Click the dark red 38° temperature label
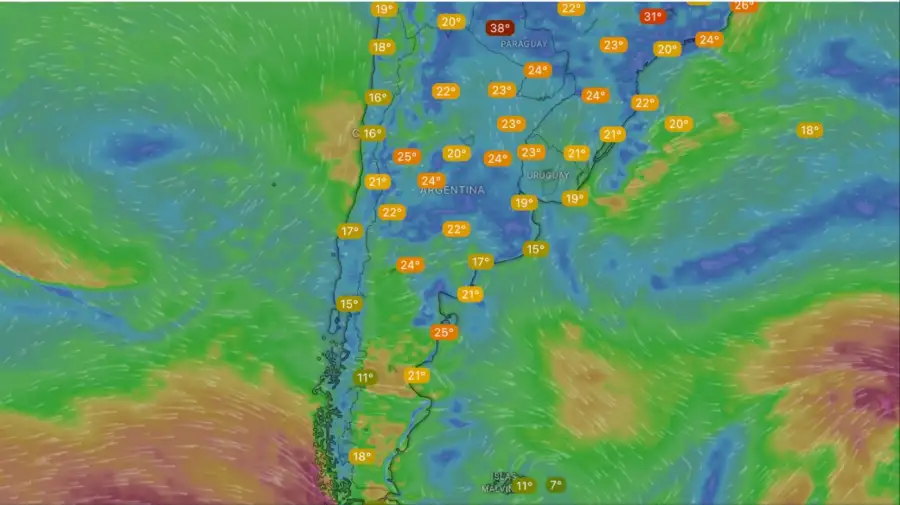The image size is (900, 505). tap(498, 28)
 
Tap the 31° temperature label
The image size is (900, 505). tap(652, 17)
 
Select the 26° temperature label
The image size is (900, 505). tap(743, 6)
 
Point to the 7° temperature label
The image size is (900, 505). tap(556, 485)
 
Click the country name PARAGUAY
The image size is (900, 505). tap(523, 45)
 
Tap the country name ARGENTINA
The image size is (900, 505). tap(452, 190)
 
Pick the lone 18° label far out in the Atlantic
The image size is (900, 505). tap(809, 130)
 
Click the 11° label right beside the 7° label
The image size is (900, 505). tap(524, 486)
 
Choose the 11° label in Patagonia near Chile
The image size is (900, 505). tap(364, 377)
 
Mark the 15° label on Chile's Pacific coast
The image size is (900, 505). tap(348, 304)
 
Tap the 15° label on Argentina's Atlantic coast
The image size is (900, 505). tap(535, 249)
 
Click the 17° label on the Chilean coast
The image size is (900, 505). tap(348, 231)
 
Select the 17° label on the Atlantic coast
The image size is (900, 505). tap(480, 262)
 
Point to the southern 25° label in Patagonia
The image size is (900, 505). tap(443, 332)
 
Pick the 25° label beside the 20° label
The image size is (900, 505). tap(406, 156)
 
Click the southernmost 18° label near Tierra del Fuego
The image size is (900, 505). tap(361, 456)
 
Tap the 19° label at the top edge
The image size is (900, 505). tap(383, 9)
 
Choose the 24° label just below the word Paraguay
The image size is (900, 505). tap(537, 70)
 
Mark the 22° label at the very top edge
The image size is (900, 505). tap(571, 8)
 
